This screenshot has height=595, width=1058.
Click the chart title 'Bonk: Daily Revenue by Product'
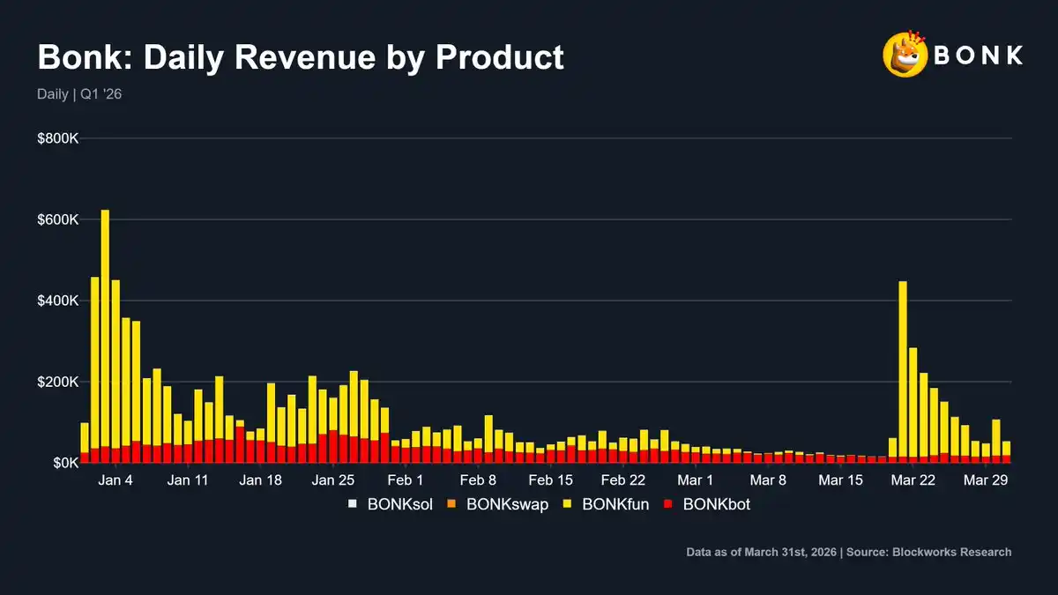tap(300, 57)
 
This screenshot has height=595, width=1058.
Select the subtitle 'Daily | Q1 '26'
tap(79, 94)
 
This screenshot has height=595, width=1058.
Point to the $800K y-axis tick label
tap(58, 139)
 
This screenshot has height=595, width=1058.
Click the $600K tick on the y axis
tap(58, 219)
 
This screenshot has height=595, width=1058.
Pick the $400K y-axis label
tap(58, 301)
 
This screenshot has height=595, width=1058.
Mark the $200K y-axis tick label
tap(58, 382)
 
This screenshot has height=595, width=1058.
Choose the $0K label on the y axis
tap(63, 463)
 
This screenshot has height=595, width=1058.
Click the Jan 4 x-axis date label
tap(116, 480)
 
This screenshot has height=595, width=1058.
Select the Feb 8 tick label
tap(478, 480)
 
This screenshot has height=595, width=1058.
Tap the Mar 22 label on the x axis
tap(913, 480)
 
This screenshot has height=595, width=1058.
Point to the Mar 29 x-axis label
tap(986, 480)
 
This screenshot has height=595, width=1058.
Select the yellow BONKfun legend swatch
tap(569, 505)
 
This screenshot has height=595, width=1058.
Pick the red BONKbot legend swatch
tap(668, 505)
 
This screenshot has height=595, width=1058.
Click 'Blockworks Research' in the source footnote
tap(951, 552)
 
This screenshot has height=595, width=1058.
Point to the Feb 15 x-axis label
tap(551, 480)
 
